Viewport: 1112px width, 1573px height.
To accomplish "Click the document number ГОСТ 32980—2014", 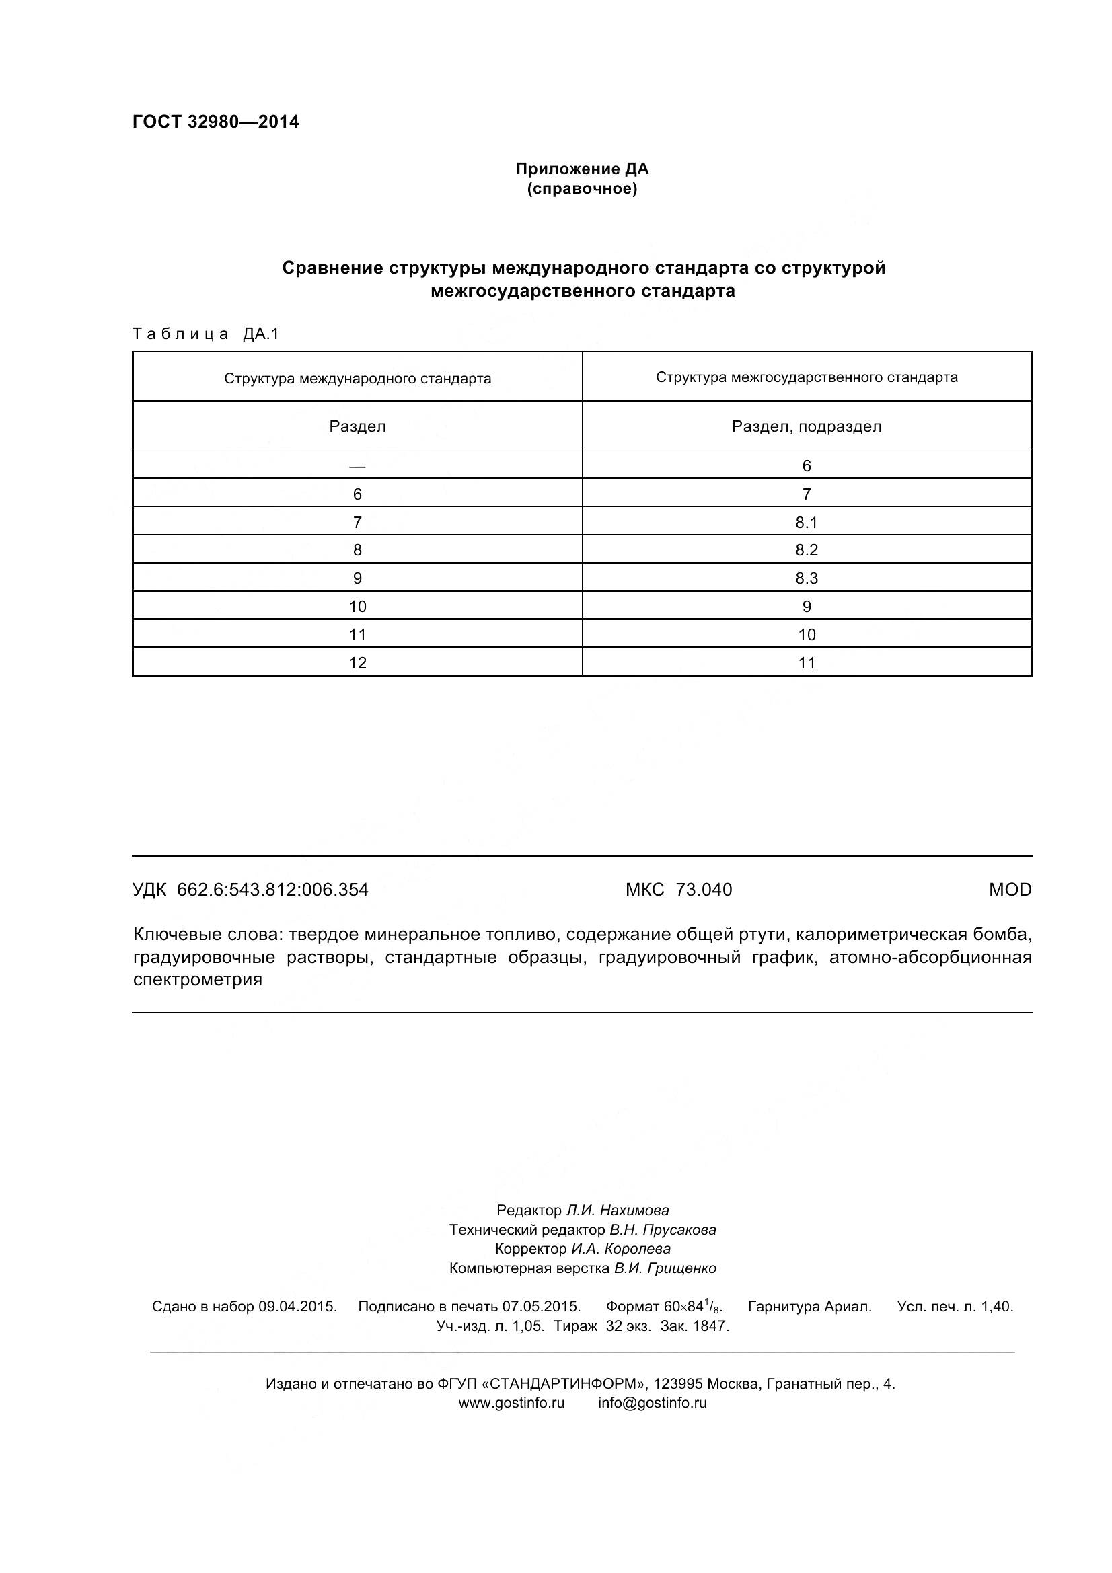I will (x=215, y=122).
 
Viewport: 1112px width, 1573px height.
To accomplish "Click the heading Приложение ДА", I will (x=582, y=169).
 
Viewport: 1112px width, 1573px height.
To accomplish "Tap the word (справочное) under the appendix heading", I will (x=582, y=189).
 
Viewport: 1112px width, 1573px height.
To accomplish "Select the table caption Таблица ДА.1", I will (x=206, y=334).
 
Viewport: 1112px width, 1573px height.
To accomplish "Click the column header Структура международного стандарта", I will (x=357, y=378).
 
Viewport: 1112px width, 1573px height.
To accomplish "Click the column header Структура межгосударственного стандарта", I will (x=807, y=377).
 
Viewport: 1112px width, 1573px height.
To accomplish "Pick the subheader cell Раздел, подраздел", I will (x=807, y=426).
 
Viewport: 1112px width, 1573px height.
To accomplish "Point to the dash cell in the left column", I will (x=357, y=466).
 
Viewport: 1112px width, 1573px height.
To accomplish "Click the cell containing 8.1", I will (x=807, y=522).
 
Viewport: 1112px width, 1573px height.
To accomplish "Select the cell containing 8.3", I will (x=807, y=578).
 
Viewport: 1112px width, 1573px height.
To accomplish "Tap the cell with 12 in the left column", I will (x=357, y=662).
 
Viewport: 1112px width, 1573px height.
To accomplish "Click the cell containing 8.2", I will (x=807, y=550).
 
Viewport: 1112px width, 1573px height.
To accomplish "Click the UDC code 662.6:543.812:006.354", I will (x=272, y=889).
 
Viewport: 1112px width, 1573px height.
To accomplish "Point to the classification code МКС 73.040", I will (x=678, y=889).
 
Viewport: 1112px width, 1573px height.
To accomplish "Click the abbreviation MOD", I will (x=1009, y=889).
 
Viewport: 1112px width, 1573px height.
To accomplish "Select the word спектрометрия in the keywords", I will (x=197, y=979).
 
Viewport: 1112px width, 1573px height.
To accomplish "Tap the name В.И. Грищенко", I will (x=665, y=1268).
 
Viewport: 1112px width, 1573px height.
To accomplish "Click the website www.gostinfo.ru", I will (x=511, y=1402).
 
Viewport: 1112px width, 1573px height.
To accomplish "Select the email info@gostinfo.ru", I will (x=652, y=1402).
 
